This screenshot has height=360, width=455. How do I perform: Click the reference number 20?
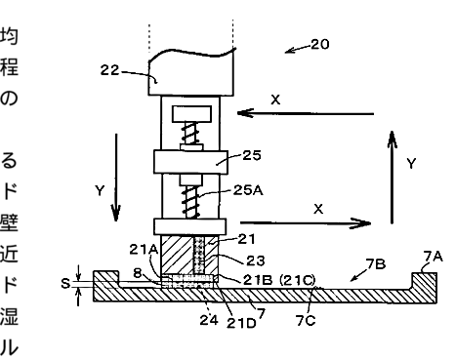[x=320, y=44]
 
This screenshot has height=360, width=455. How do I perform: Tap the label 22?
[x=109, y=70]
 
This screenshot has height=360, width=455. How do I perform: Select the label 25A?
[x=248, y=190]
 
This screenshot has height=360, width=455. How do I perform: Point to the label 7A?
[x=434, y=257]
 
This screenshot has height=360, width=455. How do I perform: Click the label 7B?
[x=376, y=264]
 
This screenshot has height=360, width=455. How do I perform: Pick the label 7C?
[x=306, y=321]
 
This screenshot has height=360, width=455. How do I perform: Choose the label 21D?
[x=241, y=323]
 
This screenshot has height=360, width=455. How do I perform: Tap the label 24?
[x=209, y=320]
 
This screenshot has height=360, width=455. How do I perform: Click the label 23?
[x=256, y=260]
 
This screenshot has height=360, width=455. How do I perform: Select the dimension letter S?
[x=65, y=284]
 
